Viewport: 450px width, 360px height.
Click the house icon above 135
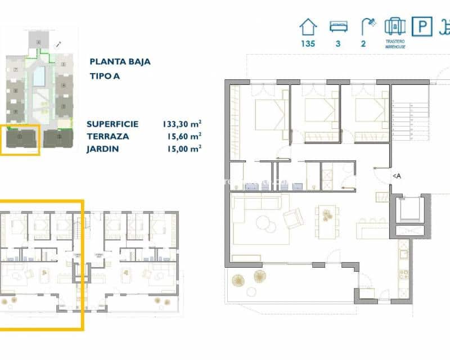pos(308,26)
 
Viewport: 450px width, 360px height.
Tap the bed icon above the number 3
pos(337,26)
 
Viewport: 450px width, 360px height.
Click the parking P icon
pos(420,26)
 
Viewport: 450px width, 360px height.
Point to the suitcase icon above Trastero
pos(395,26)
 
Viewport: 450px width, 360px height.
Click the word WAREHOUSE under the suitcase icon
pos(395,47)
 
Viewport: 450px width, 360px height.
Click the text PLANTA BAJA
pos(120,62)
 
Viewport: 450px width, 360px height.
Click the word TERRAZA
pos(108,136)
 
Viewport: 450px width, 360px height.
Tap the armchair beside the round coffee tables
pos(292,218)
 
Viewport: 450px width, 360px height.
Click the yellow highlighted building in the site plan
pos(20,138)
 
